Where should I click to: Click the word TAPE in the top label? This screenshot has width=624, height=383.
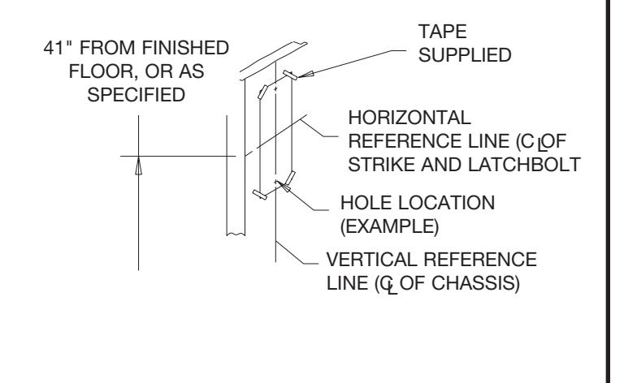pos(442,32)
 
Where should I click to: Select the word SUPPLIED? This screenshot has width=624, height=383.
pos(465,55)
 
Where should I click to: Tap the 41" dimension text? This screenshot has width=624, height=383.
pos(58,48)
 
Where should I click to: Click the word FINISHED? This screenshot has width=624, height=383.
pos(185,48)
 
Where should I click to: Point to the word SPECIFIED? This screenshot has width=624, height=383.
pos(136,95)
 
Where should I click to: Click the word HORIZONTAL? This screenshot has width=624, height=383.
pos(409,118)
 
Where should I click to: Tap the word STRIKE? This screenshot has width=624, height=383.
pos(381,165)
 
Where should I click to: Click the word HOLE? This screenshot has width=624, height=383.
pos(366,203)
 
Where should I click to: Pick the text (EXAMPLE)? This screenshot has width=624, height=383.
pos(390,226)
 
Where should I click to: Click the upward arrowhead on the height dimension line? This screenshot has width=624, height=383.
pos(138,166)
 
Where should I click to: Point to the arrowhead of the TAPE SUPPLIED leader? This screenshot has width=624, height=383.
pos(305,75)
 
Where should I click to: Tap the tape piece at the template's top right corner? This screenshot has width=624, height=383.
pos(290,75)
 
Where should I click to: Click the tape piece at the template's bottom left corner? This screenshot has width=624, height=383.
pos(260,195)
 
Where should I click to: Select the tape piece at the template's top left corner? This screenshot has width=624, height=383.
pos(262,92)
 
